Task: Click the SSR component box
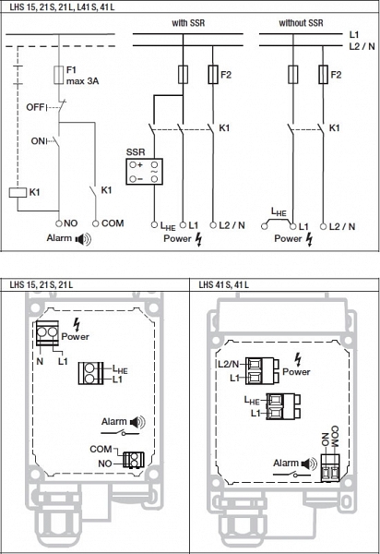pyautogui.click(x=144, y=172)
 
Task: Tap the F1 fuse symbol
pyautogui.click(x=59, y=75)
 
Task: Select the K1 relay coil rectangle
pyautogui.click(x=18, y=193)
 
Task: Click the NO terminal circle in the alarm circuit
pyautogui.click(x=59, y=223)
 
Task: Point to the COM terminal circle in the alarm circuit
pyautogui.click(x=95, y=223)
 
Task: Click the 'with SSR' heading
pyautogui.click(x=188, y=23)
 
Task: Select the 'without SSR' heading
pyautogui.click(x=301, y=23)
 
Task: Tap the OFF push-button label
pyautogui.click(x=35, y=107)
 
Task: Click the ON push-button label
pyautogui.click(x=38, y=141)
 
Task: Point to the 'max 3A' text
pyautogui.click(x=83, y=81)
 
